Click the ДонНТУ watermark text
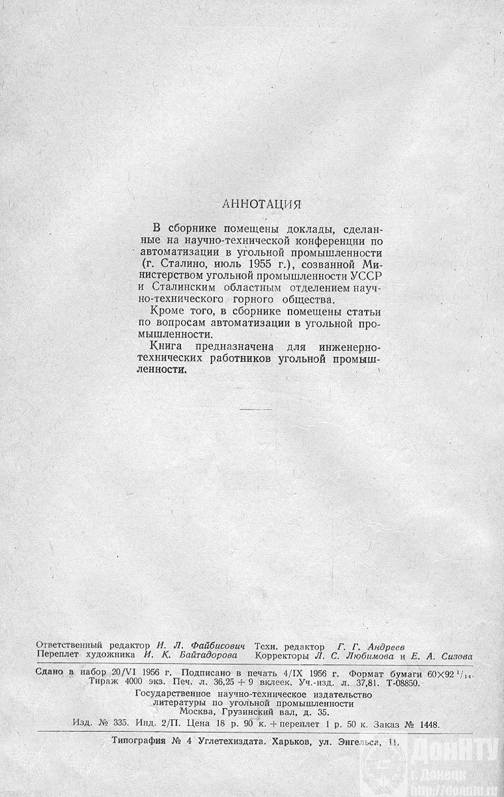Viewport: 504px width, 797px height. tap(454, 753)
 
